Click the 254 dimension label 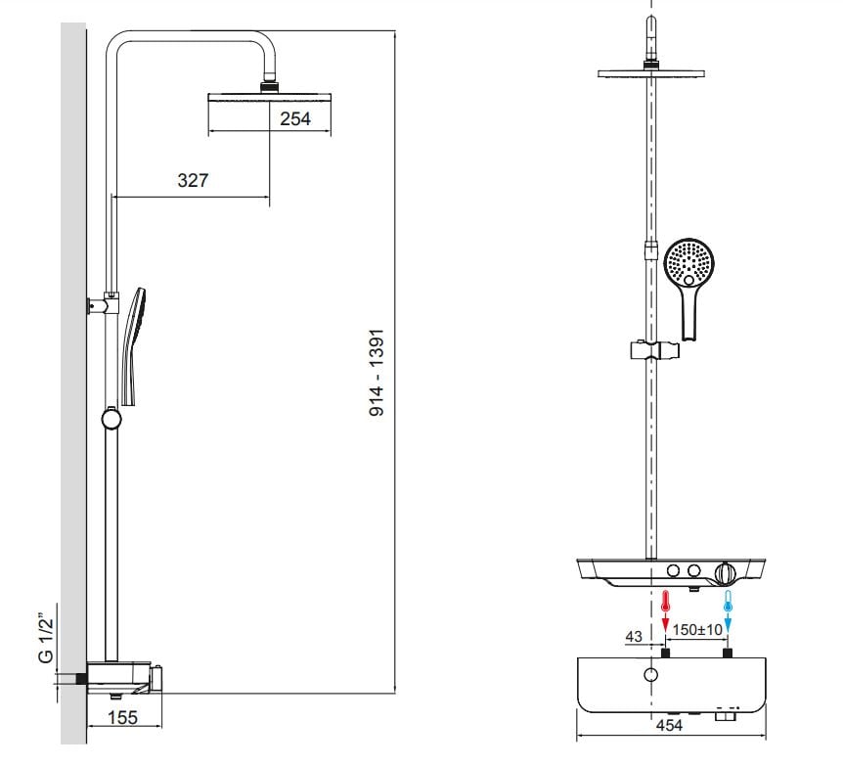point(295,118)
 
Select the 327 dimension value point(193,180)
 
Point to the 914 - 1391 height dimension point(377,372)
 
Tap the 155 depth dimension point(123,717)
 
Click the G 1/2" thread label point(47,641)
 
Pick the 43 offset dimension point(634,636)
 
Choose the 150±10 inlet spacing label point(697,629)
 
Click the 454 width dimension point(669,725)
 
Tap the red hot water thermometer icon point(666,601)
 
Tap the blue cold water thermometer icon point(728,601)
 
